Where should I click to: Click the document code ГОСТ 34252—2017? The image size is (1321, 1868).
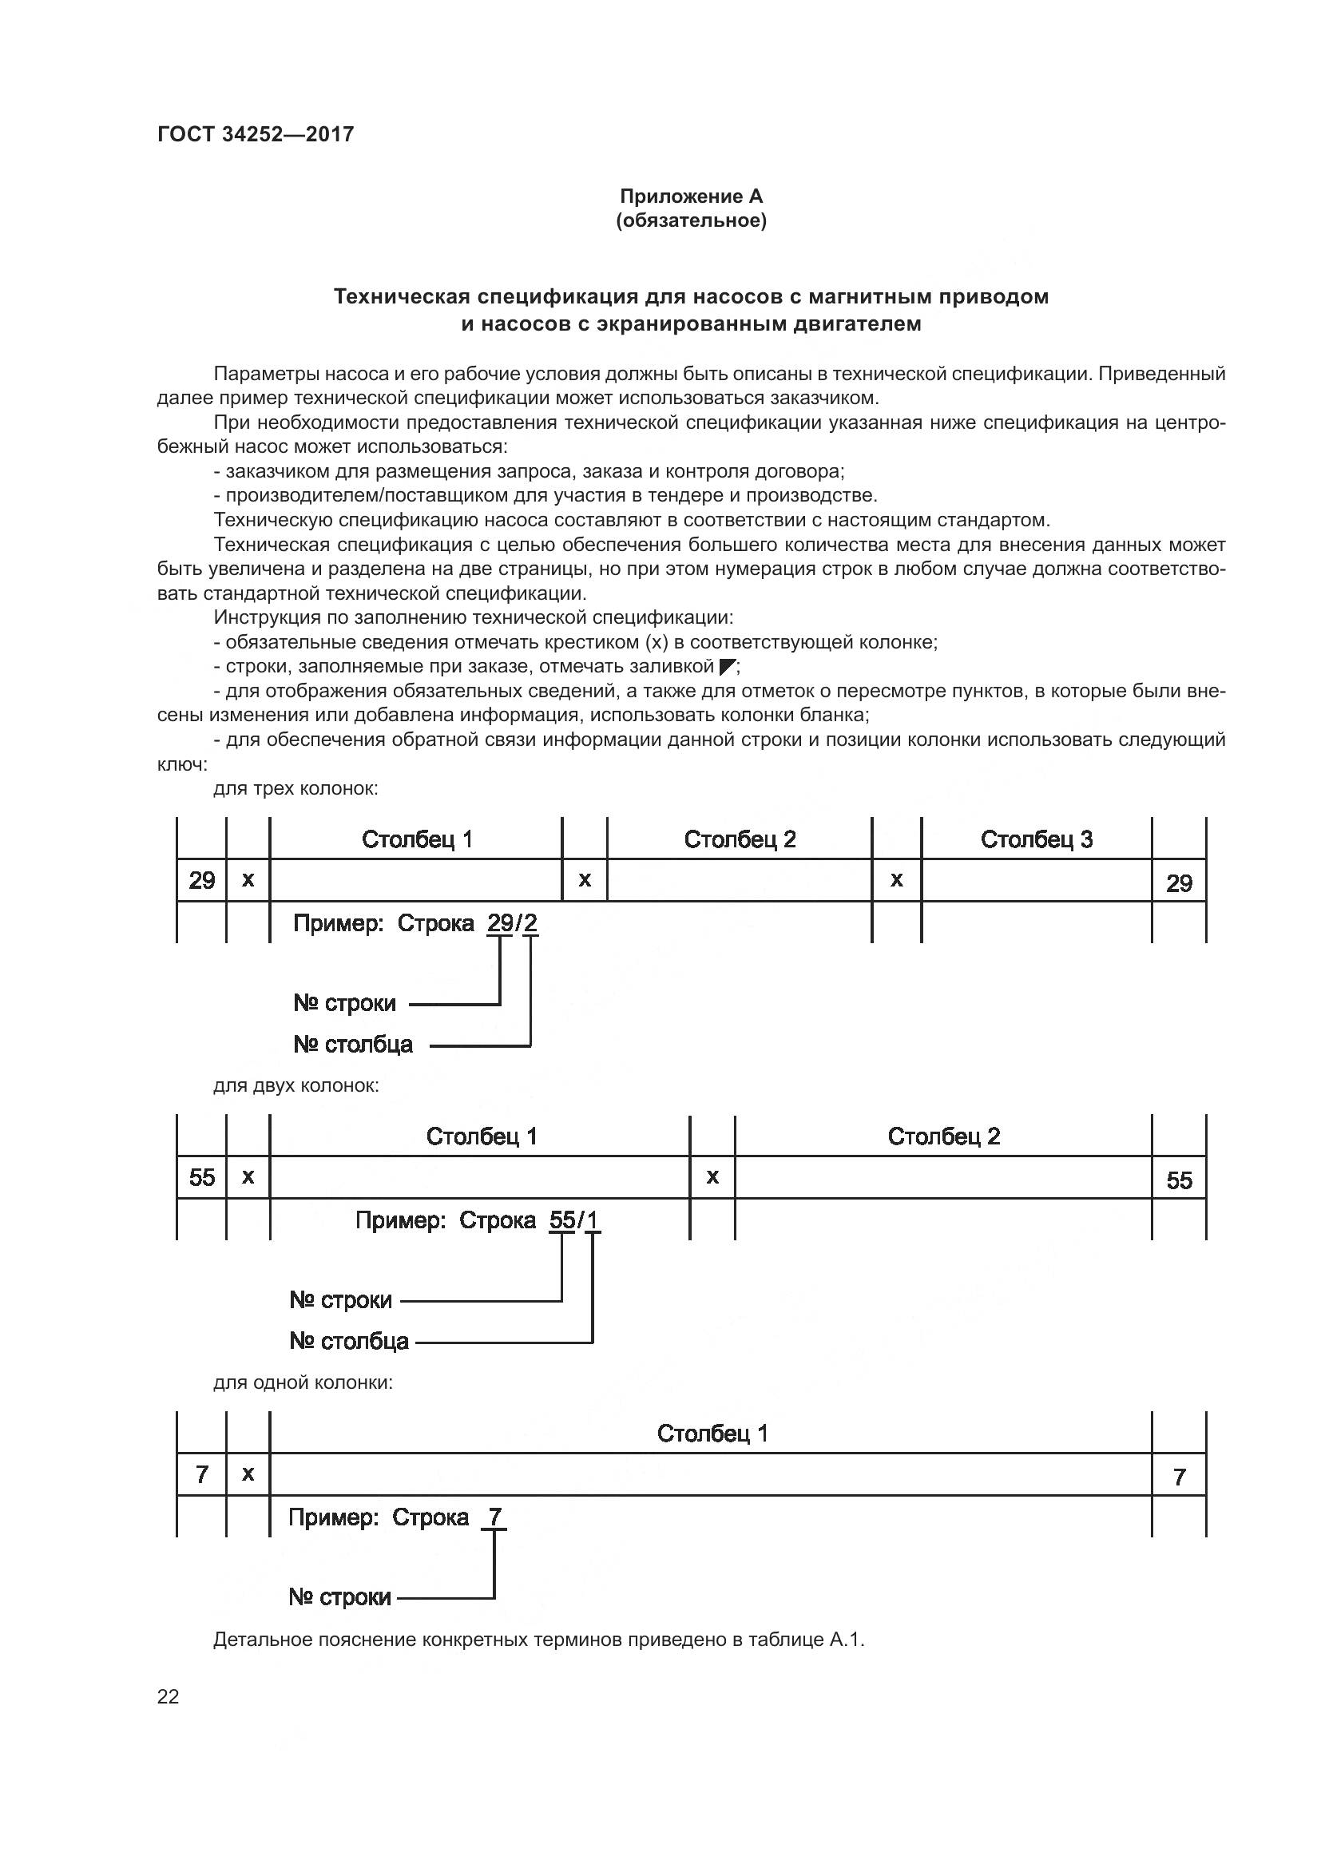(256, 134)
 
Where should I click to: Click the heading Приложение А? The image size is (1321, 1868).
(691, 196)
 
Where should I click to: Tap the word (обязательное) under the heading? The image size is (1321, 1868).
(691, 220)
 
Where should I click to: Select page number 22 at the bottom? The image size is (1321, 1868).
(168, 1696)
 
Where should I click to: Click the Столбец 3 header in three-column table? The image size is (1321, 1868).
(1037, 839)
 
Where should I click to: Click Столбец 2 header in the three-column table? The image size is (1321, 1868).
(740, 839)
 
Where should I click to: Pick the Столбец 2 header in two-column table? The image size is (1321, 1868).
(943, 1136)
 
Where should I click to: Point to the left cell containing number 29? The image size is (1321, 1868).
(202, 880)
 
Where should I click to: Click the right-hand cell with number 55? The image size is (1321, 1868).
(1179, 1180)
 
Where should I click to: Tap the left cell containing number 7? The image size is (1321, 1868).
(202, 1474)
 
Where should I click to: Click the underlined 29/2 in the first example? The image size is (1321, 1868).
(513, 923)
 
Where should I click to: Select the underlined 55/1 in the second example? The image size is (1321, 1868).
(574, 1220)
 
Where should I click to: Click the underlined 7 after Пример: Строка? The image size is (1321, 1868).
(494, 1517)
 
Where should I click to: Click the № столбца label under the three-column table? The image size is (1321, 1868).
(353, 1044)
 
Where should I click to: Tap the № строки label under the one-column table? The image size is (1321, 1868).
(340, 1597)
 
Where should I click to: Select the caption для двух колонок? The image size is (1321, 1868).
(296, 1085)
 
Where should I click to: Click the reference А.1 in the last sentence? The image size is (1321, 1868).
(846, 1640)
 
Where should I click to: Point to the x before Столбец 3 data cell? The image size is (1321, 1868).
(896, 879)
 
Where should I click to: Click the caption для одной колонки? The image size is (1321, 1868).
(303, 1382)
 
